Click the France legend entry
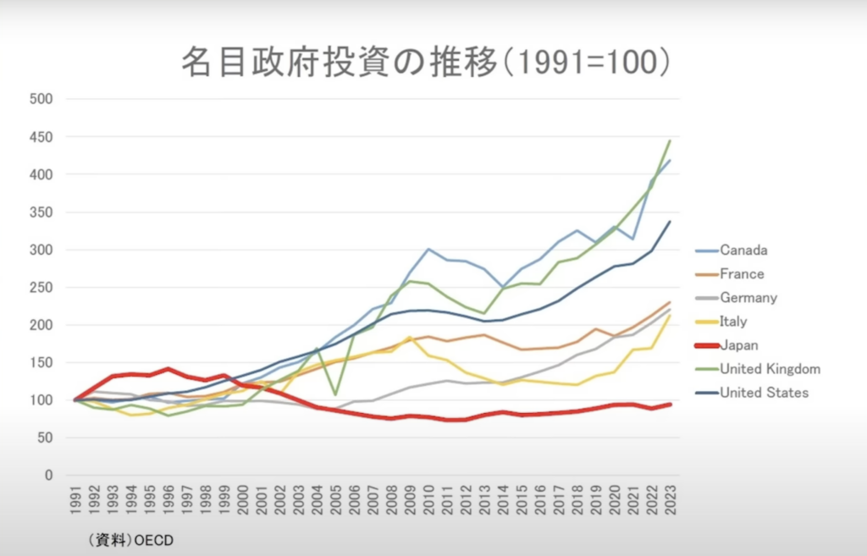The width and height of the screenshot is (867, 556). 742,273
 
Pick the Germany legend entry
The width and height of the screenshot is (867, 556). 748,297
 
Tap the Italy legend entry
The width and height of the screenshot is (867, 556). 734,321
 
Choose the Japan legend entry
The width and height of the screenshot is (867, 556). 738,344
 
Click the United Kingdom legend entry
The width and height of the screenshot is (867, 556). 770,368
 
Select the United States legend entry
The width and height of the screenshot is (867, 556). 765,392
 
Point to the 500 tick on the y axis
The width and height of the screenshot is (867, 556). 41,99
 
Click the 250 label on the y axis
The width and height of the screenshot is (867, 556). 41,287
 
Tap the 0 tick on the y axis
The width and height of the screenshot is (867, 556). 49,475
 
